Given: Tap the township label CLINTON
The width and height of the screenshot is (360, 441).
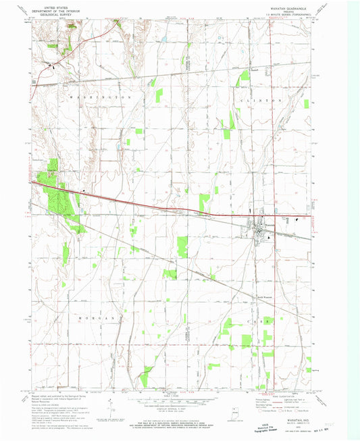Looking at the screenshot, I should point(259,99).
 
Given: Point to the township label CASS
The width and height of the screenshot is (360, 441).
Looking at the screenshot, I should point(259,322).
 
